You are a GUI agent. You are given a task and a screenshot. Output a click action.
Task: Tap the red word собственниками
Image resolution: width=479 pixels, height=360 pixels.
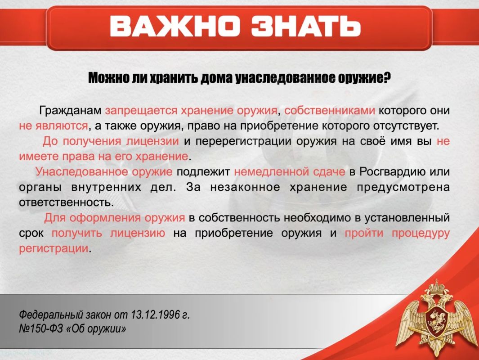(330, 111)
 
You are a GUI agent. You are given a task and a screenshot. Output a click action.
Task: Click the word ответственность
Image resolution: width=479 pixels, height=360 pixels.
(66, 202)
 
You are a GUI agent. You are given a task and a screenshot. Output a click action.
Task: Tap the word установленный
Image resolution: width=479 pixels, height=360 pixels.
(407, 218)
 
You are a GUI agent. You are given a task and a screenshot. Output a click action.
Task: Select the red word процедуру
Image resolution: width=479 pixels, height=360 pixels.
(421, 233)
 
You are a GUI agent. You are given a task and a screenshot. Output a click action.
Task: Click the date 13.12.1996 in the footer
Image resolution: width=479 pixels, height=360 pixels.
(155, 314)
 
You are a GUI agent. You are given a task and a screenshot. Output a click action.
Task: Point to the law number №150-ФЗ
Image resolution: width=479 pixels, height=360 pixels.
(40, 329)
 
